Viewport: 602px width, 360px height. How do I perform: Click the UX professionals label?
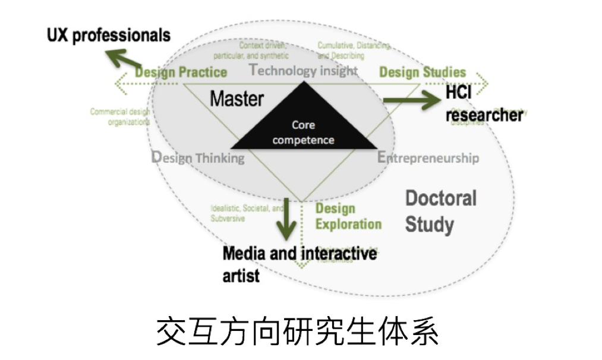[108, 35]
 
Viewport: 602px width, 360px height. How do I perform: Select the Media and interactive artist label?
[300, 263]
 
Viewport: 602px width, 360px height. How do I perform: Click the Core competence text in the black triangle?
[304, 132]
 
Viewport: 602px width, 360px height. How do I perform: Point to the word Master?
[237, 99]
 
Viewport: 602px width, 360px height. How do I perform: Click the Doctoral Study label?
[440, 211]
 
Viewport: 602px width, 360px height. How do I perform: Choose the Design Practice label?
[181, 72]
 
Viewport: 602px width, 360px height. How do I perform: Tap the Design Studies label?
[423, 72]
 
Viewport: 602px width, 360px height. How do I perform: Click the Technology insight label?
[304, 71]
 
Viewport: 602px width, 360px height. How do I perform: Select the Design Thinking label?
[198, 158]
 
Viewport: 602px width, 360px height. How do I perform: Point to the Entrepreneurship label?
[428, 158]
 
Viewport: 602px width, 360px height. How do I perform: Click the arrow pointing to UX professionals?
[124, 60]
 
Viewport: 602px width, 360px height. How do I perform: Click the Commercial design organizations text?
[120, 116]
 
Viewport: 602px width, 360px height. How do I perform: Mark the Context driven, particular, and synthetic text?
[263, 50]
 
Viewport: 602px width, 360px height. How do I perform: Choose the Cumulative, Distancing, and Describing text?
[354, 50]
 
